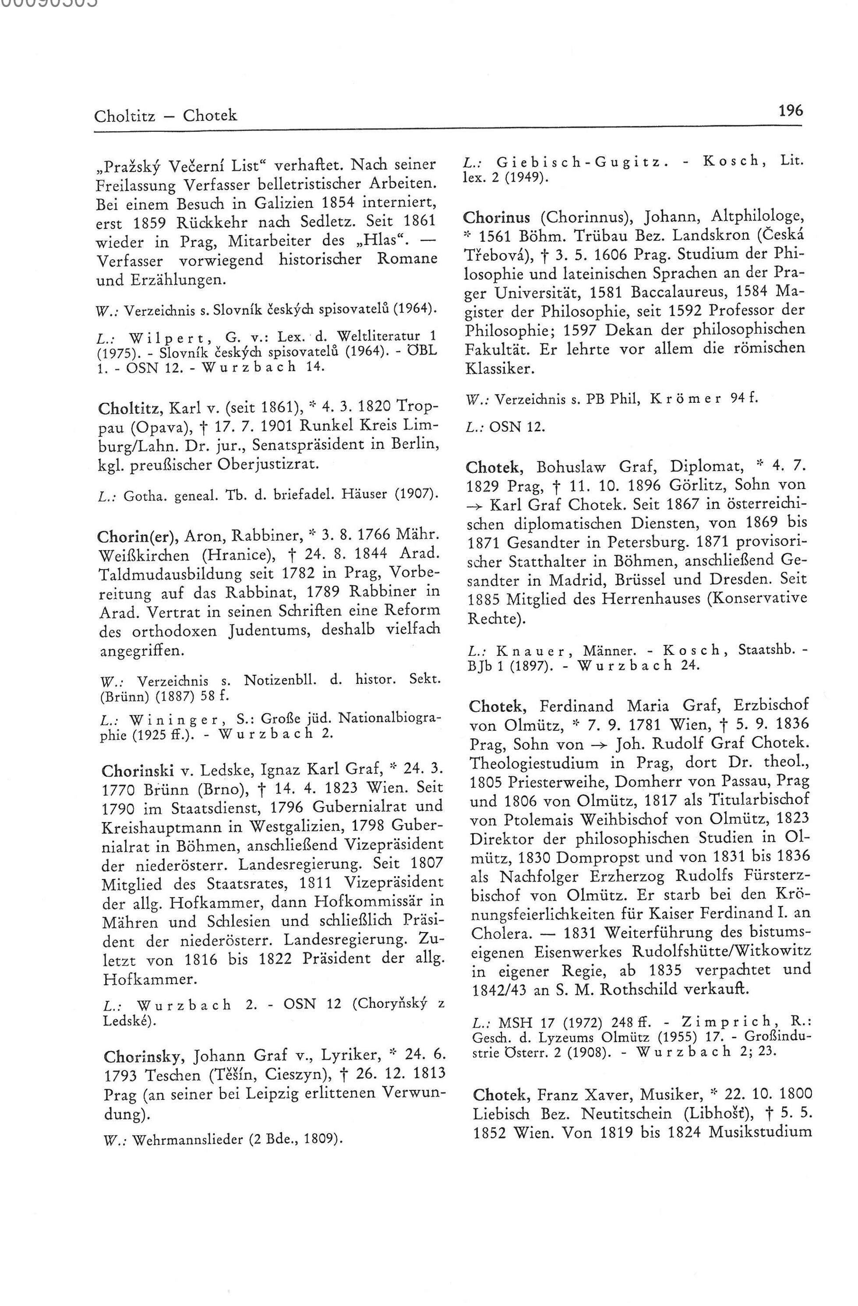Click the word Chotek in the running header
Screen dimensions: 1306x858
click(210, 116)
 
